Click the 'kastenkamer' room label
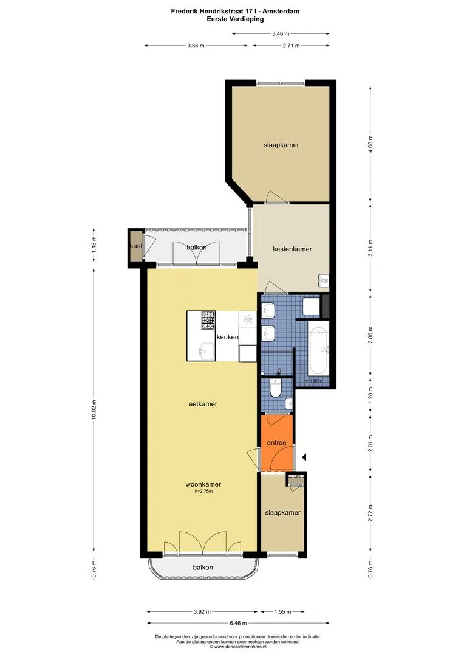[292, 249]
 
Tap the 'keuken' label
[227, 337]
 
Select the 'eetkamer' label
[203, 404]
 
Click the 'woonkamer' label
[203, 484]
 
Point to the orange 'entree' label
[276, 442]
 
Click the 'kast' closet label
[137, 246]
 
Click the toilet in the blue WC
[275, 388]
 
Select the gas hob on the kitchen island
[208, 320]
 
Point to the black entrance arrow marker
[304, 457]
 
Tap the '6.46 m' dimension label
[238, 623]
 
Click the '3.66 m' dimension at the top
[196, 46]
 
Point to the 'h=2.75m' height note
[203, 491]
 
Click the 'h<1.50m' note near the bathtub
[314, 381]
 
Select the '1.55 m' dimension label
[283, 612]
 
